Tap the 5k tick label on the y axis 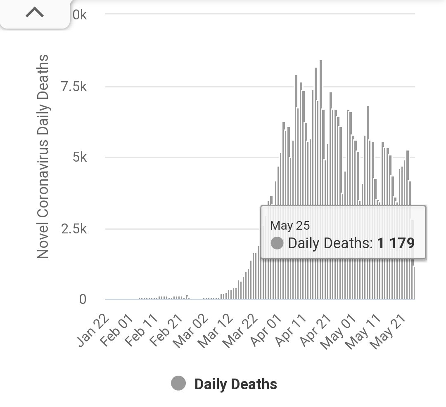[x=78, y=158]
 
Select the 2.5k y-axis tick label [x=74, y=229]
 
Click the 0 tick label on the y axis [x=83, y=299]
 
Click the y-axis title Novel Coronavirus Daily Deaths [x=43, y=157]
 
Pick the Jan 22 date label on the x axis [x=94, y=331]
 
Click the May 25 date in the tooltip [x=290, y=226]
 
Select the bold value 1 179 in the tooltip [x=396, y=243]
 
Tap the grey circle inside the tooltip [x=277, y=243]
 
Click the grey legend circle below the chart [x=178, y=383]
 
